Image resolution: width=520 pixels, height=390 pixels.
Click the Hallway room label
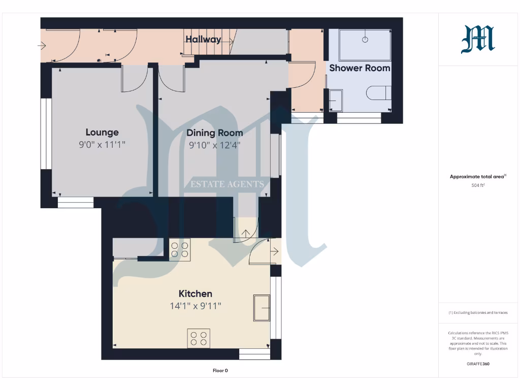click(203, 40)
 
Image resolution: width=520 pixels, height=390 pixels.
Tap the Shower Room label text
click(360, 68)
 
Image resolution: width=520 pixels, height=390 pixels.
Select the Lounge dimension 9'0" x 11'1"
click(102, 145)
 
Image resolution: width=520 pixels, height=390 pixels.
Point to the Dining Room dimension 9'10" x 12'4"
click(214, 145)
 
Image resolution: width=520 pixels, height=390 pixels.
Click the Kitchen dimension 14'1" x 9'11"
click(196, 306)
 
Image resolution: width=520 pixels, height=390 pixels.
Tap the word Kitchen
click(196, 294)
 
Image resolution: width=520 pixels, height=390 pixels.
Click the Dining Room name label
click(214, 133)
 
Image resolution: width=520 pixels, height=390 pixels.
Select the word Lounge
click(102, 132)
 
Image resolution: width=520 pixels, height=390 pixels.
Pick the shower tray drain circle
click(365, 39)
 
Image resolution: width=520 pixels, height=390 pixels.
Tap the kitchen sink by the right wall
click(262, 307)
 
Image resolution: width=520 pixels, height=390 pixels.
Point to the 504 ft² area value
click(478, 185)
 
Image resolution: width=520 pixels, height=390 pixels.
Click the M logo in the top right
click(478, 40)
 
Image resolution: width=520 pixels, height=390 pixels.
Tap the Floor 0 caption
click(220, 371)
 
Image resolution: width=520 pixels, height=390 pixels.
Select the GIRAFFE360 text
click(478, 364)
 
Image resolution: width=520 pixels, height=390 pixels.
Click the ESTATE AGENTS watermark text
click(227, 184)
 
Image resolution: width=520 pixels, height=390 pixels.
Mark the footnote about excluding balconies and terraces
click(478, 313)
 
